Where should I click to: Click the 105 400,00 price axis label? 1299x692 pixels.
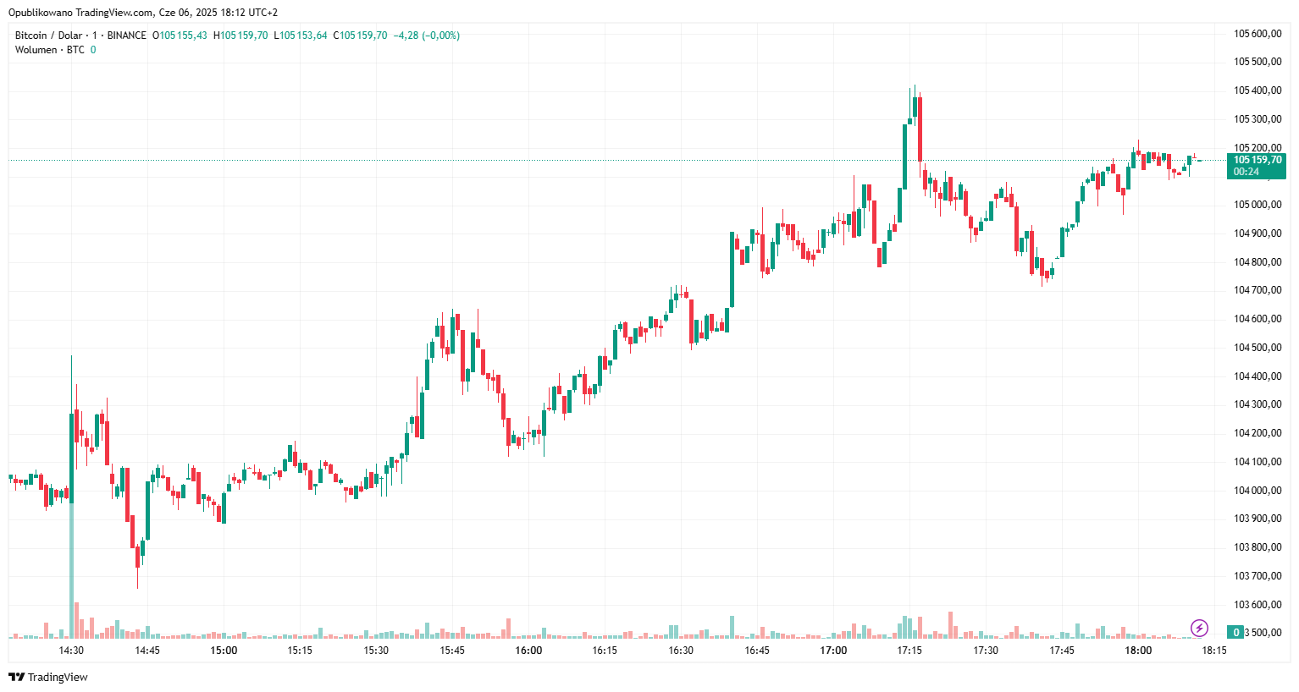[x=1257, y=91]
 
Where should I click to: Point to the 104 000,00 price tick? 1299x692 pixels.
[x=1257, y=491]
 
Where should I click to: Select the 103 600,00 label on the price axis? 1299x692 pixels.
[x=1257, y=605]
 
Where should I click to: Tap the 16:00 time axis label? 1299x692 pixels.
[x=528, y=651]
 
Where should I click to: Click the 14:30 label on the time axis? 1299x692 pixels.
[x=71, y=651]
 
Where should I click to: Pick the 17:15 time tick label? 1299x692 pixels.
[x=909, y=651]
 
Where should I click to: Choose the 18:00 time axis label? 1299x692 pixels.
[x=1138, y=651]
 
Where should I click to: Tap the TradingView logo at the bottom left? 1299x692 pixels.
[x=48, y=677]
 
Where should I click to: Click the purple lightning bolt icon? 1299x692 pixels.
[x=1199, y=628]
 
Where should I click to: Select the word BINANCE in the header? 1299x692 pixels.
[x=127, y=36]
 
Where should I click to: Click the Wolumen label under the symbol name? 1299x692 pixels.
[x=36, y=50]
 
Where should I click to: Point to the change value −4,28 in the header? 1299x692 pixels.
[x=406, y=36]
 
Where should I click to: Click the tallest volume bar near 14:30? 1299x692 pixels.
[x=71, y=571]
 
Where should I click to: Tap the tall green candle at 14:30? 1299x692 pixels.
[x=71, y=457]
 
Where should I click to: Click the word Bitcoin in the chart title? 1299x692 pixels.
[x=31, y=36]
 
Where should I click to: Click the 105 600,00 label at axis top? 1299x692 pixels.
[x=1257, y=34]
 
